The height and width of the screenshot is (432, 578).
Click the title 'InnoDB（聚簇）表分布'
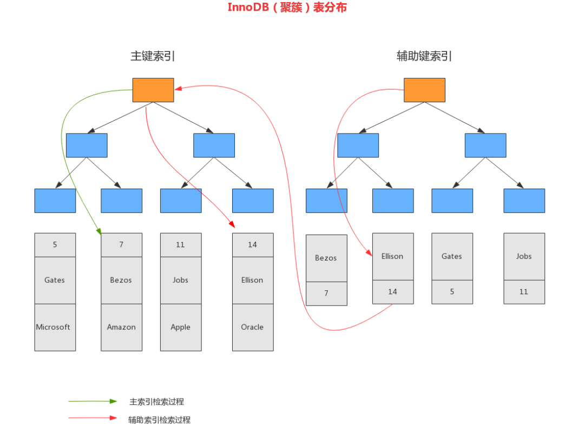pos(287,8)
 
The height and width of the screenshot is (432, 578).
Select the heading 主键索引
pos(153,56)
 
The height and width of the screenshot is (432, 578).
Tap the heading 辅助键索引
pos(424,56)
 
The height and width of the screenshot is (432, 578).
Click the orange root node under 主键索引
pos(153,90)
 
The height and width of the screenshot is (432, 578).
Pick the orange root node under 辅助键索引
pos(424,90)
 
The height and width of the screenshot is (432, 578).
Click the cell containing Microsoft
pos(55,327)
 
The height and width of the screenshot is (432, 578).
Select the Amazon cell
pos(121,327)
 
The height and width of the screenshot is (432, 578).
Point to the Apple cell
pos(181,327)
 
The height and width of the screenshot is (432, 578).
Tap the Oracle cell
pos(253,327)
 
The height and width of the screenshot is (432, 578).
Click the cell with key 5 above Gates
pos(55,245)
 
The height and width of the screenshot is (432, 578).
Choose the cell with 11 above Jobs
pos(181,245)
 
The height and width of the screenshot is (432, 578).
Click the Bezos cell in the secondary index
pos(326,258)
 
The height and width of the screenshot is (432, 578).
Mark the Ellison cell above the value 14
pos(393,256)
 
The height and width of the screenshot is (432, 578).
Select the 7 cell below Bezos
pos(326,294)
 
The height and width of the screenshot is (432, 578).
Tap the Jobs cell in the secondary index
pos(524,256)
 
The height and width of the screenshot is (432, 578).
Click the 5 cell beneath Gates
pos(452,292)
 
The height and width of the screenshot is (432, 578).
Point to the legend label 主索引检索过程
pos(157,402)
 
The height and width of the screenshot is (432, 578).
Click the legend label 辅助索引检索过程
pos(160,420)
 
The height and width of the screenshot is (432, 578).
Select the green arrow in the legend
pos(93,401)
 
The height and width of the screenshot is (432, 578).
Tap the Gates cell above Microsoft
pos(55,280)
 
